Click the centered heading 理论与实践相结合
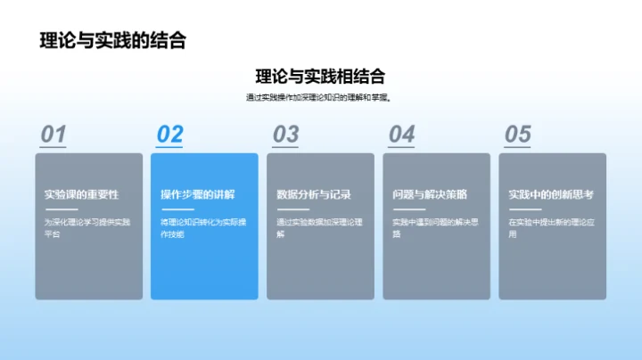[x=320, y=77]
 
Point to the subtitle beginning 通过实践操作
[x=320, y=98]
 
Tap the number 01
[x=53, y=135]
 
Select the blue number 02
[x=169, y=135]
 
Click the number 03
[x=285, y=135]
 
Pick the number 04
[x=401, y=135]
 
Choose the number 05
[x=517, y=135]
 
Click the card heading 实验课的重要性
[x=81, y=194]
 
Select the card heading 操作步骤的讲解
[x=197, y=194]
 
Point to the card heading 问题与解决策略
[x=429, y=194]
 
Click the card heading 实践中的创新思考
[x=550, y=194]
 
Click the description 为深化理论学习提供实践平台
[x=87, y=228]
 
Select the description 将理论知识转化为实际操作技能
[x=203, y=228]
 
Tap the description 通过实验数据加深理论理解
[x=319, y=228]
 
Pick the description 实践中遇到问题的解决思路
[x=435, y=228]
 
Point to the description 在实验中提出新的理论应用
[x=551, y=228]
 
